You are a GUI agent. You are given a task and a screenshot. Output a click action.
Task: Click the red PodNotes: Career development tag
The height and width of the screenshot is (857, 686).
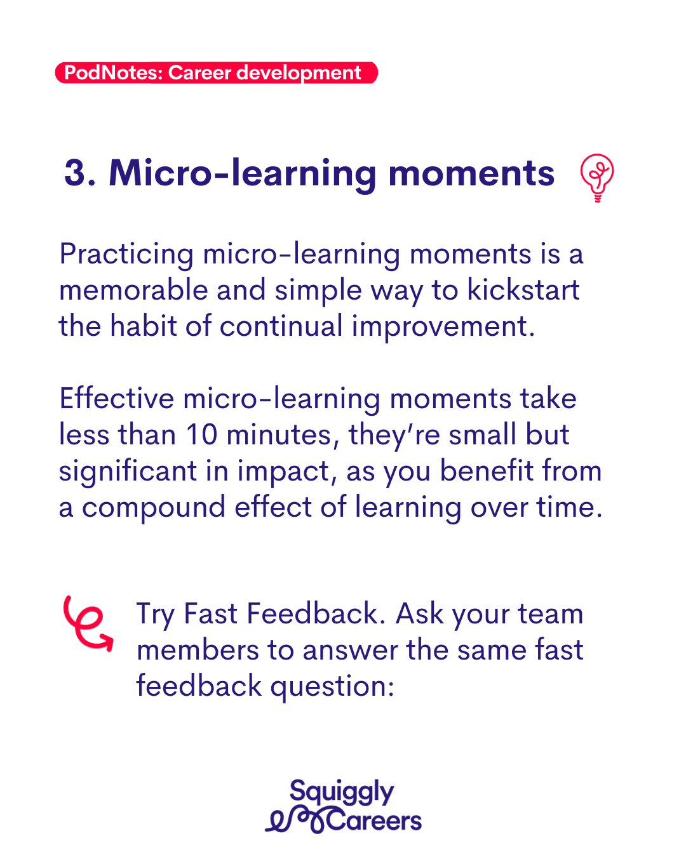pyautogui.click(x=216, y=72)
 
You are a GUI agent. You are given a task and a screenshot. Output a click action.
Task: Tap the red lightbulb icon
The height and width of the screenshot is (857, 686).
pyautogui.click(x=596, y=178)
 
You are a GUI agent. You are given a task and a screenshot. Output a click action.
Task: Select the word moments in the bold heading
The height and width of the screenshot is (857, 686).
pyautogui.click(x=471, y=174)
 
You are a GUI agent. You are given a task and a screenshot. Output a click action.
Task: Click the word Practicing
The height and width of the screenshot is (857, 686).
pyautogui.click(x=126, y=255)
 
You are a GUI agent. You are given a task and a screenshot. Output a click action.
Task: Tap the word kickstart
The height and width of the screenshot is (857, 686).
pyautogui.click(x=523, y=289)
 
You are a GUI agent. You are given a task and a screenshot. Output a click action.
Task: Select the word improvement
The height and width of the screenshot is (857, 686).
pyautogui.click(x=443, y=327)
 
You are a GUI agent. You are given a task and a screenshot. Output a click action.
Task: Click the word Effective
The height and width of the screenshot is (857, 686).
pyautogui.click(x=117, y=398)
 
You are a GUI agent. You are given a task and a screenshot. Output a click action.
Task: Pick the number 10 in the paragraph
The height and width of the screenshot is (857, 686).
pyautogui.click(x=202, y=434)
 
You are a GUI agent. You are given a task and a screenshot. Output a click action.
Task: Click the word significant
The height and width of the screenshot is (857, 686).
pyautogui.click(x=128, y=472)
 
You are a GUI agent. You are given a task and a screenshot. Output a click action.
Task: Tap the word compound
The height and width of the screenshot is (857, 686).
pyautogui.click(x=154, y=508)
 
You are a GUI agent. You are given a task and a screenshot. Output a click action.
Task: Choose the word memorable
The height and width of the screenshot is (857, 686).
pyautogui.click(x=133, y=289)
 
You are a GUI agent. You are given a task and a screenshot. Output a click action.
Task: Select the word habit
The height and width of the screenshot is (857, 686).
pyautogui.click(x=143, y=326)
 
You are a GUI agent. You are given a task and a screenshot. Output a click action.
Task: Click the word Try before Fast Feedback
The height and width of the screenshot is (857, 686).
pyautogui.click(x=156, y=614)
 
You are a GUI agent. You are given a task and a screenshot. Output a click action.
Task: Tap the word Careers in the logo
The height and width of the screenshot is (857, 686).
pyautogui.click(x=374, y=820)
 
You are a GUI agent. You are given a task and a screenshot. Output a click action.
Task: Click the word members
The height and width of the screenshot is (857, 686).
pyautogui.click(x=198, y=650)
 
